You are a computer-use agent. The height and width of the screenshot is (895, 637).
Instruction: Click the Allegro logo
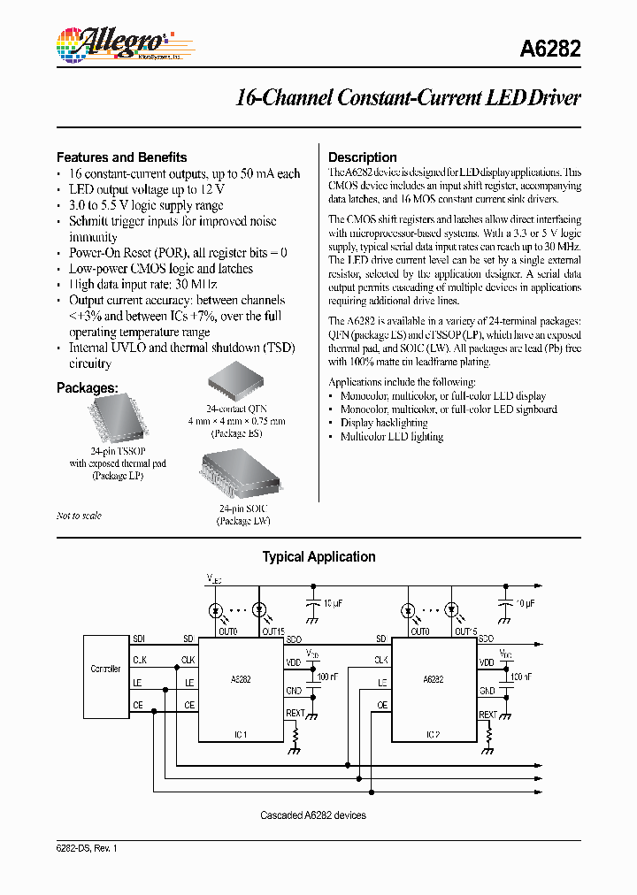pos(111,42)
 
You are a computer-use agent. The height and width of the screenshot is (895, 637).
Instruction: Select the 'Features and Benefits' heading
pos(122,157)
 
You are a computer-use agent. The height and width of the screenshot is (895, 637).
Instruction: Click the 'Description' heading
pos(363,157)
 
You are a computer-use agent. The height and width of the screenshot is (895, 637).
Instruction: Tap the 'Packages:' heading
pos(88,388)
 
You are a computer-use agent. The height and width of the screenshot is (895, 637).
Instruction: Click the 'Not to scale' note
pos(79,516)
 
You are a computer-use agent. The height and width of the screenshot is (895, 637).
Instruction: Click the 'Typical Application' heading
pos(318,557)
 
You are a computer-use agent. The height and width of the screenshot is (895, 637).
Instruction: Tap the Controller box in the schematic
pos(106,669)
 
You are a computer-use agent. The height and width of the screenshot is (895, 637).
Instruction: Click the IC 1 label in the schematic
pos(240,734)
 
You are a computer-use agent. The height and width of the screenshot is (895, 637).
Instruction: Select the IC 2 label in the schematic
pos(434,734)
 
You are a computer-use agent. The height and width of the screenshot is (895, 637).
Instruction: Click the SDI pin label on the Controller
pos(140,639)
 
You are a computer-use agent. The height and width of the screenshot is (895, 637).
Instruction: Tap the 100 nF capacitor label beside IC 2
pos(521,677)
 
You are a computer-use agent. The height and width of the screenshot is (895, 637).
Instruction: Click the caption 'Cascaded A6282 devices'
pos(313,815)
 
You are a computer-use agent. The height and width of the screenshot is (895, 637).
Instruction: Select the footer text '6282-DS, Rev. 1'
pos(87,848)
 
